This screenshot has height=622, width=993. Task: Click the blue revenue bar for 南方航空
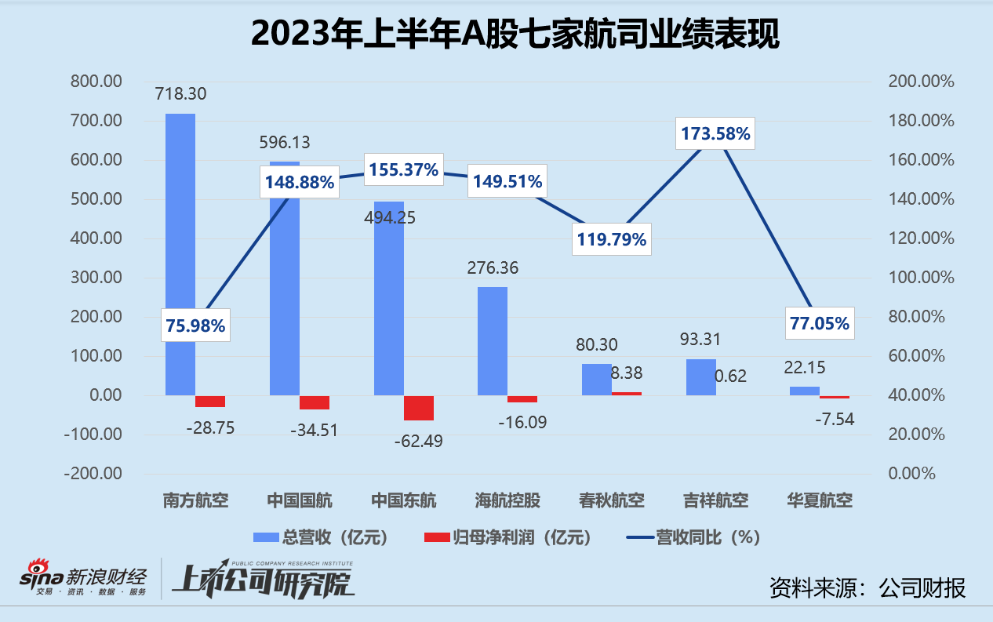coord(180,251)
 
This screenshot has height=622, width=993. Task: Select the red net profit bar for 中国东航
coord(419,408)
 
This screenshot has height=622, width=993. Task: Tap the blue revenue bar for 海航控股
coord(493,340)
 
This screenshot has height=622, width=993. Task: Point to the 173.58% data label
coord(714,134)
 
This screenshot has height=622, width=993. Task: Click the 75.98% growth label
coord(195,326)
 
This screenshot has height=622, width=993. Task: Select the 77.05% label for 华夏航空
coord(819,323)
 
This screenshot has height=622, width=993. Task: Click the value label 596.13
coord(285,142)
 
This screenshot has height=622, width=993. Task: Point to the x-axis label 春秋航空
coord(612,500)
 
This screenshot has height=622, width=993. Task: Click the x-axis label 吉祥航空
coord(715,500)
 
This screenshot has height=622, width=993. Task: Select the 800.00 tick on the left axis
coord(96,82)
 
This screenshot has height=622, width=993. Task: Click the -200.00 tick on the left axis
coord(93,474)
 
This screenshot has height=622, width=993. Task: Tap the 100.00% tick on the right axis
coord(921,278)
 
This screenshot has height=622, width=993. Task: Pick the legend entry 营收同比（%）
coord(693,537)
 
